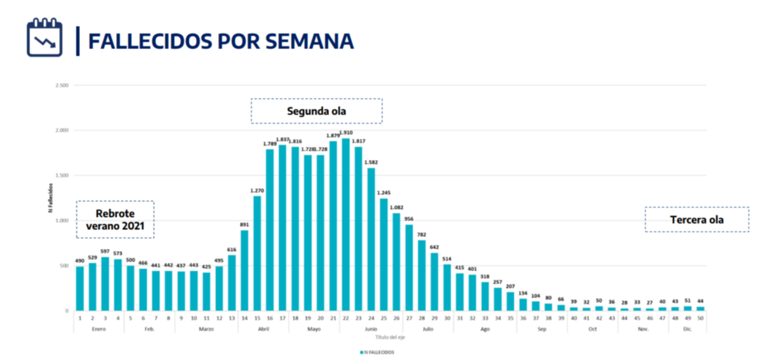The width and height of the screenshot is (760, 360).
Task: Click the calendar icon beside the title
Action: [45, 38]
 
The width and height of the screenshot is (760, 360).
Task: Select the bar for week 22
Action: [345, 225]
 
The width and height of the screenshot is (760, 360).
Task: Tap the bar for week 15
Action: [257, 253]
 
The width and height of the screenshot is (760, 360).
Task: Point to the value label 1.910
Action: [346, 133]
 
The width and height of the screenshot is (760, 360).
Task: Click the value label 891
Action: [245, 225]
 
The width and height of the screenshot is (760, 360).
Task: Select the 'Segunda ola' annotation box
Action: [316, 111]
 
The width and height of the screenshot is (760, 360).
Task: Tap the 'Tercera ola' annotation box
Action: [697, 219]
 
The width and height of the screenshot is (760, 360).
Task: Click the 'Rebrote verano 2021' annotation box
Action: [115, 219]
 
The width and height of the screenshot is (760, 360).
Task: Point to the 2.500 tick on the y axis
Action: [62, 85]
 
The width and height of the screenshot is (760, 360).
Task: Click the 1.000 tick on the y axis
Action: [62, 221]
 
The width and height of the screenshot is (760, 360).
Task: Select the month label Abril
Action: [263, 329]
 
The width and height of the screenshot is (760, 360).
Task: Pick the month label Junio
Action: [370, 329]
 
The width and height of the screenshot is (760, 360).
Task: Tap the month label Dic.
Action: [687, 329]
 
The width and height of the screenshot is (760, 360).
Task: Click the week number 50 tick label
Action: [700, 317]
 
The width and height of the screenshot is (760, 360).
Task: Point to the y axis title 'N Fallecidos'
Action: [50, 198]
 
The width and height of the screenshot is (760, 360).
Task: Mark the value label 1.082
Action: [396, 207]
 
